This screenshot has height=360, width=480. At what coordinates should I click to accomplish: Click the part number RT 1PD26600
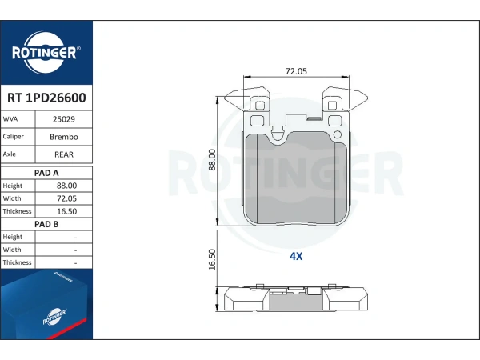pos(46,98)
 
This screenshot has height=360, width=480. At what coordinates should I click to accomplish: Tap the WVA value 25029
pos(65,119)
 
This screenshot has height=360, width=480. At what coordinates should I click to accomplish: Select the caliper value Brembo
pos(65,137)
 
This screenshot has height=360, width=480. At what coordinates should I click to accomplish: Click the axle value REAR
pos(65,154)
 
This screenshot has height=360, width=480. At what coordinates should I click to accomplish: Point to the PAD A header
pos(46,172)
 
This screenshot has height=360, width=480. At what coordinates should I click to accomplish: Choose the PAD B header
pos(46,224)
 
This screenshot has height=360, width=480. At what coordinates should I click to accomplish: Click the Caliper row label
pos(14,137)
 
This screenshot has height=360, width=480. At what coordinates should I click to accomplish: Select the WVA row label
pos(11,119)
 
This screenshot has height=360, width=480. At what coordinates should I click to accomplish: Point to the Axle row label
pos(10,154)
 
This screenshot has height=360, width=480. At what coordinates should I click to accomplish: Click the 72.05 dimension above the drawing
pos(297,71)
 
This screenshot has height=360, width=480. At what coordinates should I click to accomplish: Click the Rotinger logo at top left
pos(46,53)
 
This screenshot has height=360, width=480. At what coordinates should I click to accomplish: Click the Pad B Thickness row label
pos(17,262)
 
